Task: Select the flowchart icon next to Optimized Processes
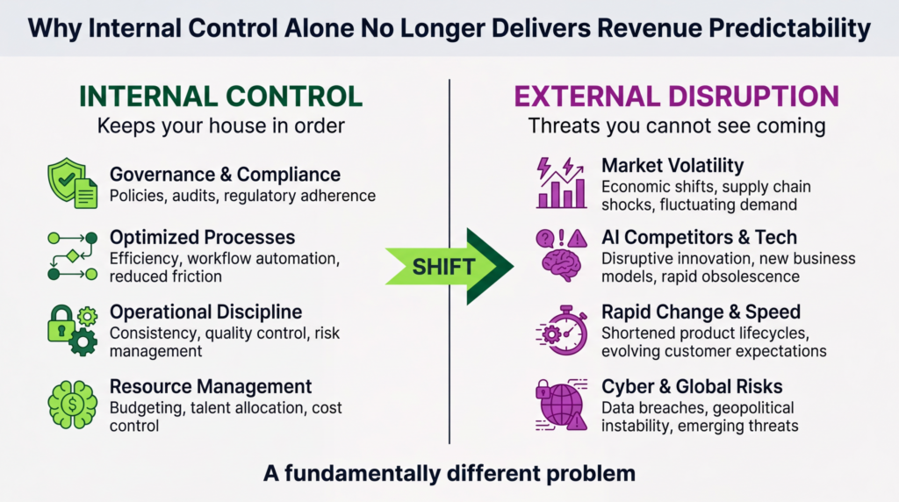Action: [x=71, y=256]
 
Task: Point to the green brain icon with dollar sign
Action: [x=71, y=403]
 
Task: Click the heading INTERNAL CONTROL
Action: [x=220, y=97]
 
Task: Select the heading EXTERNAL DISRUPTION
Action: [x=676, y=97]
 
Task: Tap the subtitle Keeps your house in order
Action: [x=220, y=125]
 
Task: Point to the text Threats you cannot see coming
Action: [x=676, y=125]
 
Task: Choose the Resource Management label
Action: [x=211, y=386]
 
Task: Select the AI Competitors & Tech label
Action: [x=699, y=238]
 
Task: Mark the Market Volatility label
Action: [x=672, y=165]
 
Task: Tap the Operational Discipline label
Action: [x=205, y=312]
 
